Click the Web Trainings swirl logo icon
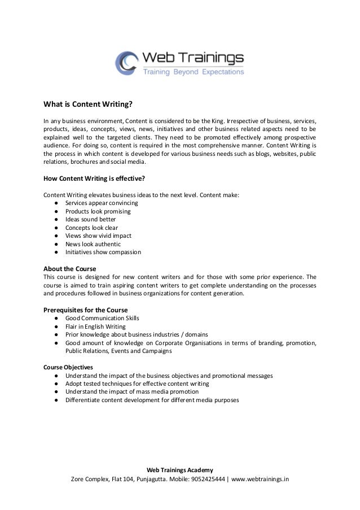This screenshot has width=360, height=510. pos(126,63)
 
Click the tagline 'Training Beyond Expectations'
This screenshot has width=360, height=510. pos(192,72)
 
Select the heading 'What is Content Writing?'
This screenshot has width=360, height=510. pos(88,104)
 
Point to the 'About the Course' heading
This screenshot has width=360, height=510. pos(70,268)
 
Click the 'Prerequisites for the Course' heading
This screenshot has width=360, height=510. pos(86,310)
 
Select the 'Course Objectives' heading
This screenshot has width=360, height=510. pos(69,367)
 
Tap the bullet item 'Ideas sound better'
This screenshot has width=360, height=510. pos(91,220)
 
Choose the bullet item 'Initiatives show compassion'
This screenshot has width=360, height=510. pos(103,252)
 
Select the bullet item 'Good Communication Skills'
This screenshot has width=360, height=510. pos(102,318)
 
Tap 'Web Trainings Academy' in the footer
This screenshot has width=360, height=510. pos(180,470)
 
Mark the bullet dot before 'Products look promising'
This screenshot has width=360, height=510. pos(58,212)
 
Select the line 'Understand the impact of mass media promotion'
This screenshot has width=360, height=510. pos(132,392)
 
